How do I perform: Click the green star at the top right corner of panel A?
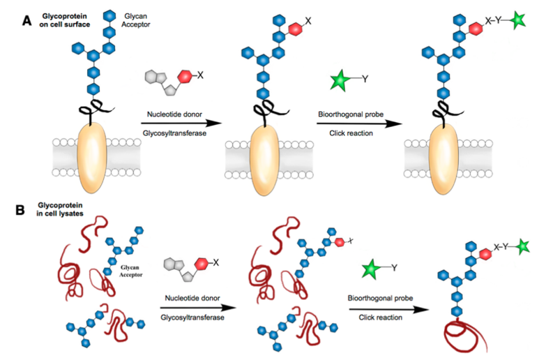517,20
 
